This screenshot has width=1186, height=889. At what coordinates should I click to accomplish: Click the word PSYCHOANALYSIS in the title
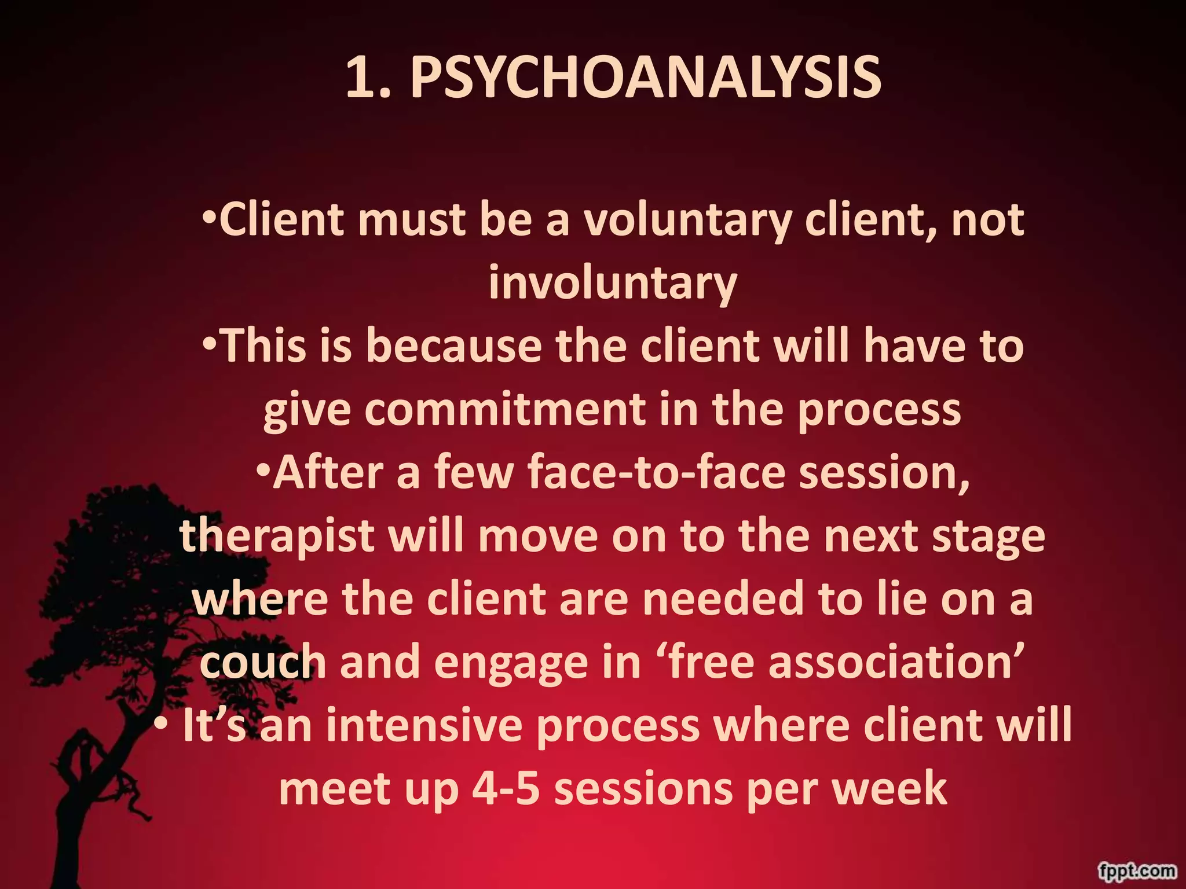646,78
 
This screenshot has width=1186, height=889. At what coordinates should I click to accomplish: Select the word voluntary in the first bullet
687,221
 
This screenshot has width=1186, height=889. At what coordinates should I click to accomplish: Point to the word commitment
504,410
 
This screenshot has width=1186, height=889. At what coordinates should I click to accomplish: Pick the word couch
263,662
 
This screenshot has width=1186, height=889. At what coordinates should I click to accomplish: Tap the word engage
510,663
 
